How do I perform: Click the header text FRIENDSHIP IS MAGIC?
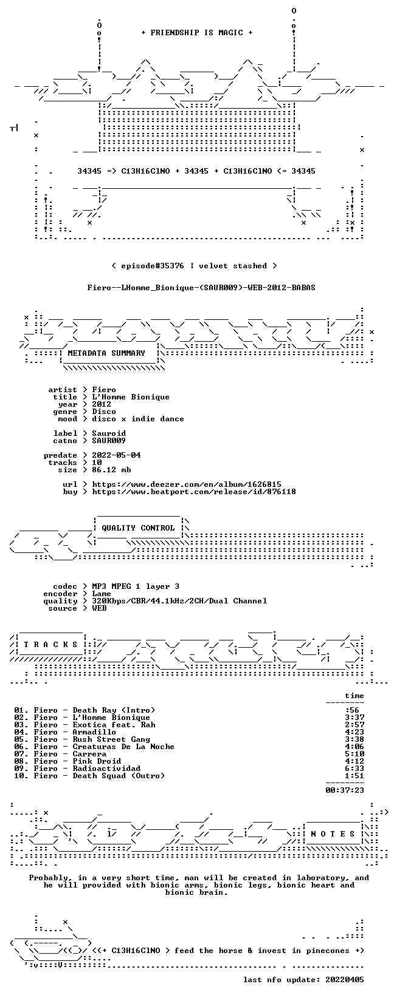(x=197, y=33)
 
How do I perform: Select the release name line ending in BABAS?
(x=201, y=288)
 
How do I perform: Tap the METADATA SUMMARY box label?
(x=106, y=353)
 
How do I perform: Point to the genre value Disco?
(x=104, y=412)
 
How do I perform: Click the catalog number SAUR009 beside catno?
(x=109, y=441)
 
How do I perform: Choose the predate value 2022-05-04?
(x=116, y=455)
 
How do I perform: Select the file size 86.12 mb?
(x=111, y=470)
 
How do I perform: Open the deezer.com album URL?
(x=187, y=484)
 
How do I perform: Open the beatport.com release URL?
(x=193, y=492)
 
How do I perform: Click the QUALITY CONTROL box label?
(x=138, y=528)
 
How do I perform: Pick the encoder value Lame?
(x=102, y=594)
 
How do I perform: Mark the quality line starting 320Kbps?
(x=179, y=601)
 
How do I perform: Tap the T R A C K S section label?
(x=50, y=645)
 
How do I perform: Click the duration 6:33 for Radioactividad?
(x=354, y=769)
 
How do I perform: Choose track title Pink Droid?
(x=97, y=761)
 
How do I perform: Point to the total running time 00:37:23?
(x=345, y=790)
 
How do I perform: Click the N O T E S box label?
(x=333, y=834)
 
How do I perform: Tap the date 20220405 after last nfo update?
(x=345, y=980)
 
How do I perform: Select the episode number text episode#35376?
(x=152, y=266)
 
